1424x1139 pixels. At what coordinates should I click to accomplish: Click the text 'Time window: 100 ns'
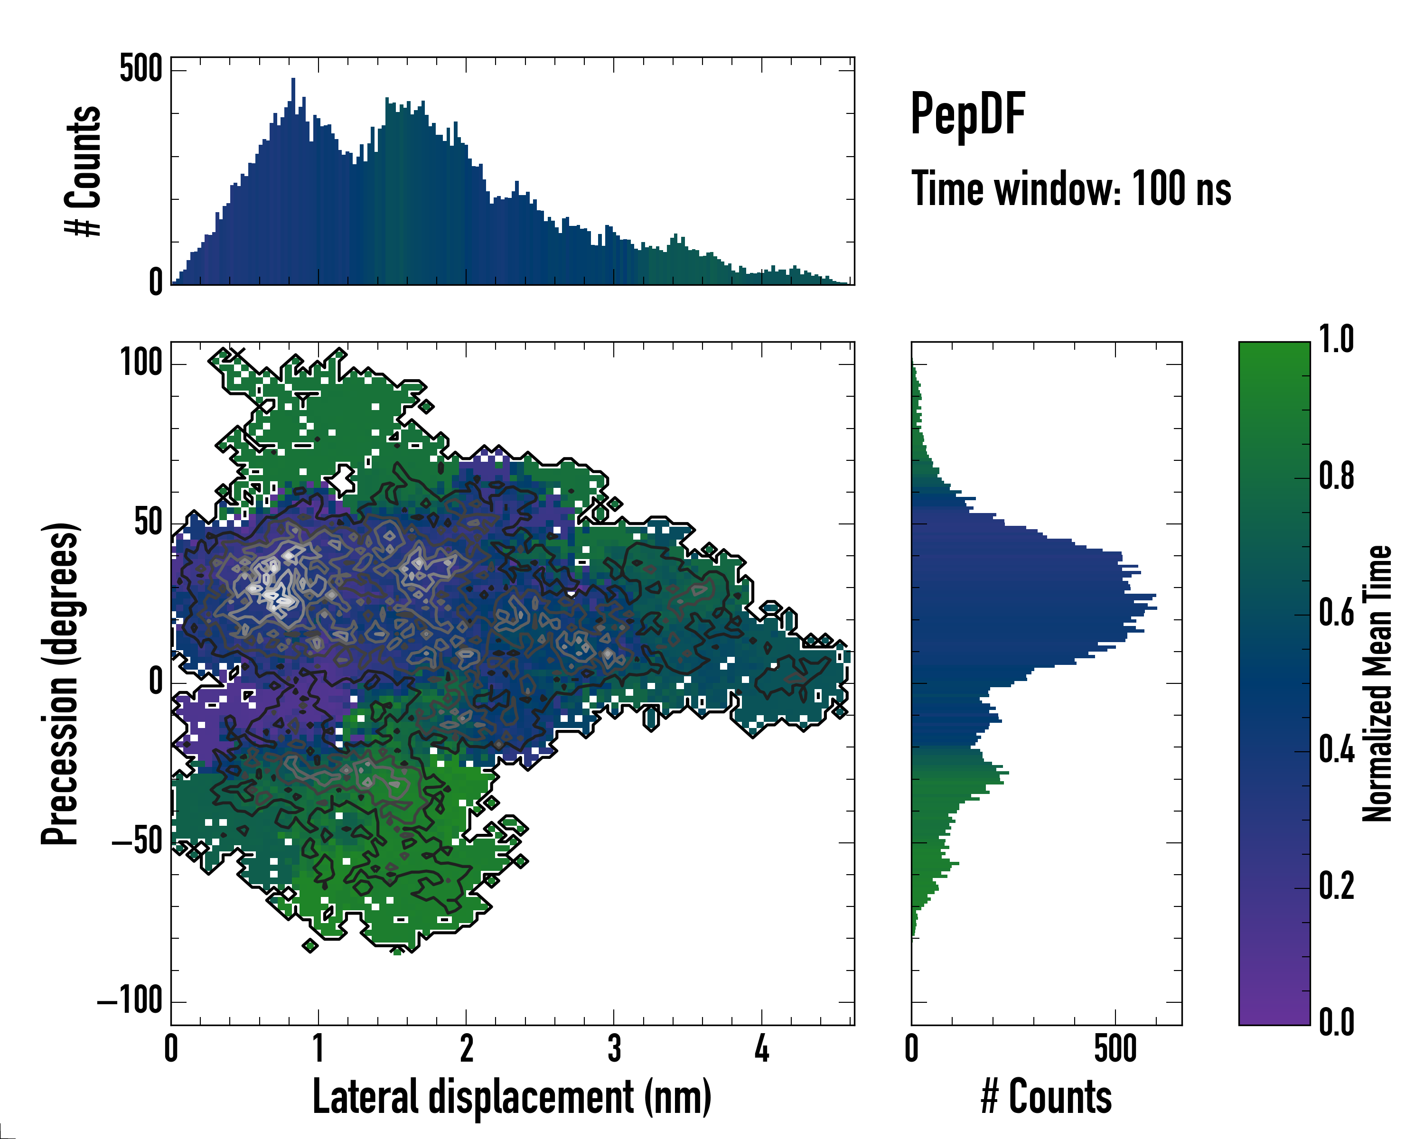tap(1071, 189)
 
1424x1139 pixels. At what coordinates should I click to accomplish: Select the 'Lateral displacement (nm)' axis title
tap(512, 1097)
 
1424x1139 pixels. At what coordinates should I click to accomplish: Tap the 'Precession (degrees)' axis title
tap(61, 683)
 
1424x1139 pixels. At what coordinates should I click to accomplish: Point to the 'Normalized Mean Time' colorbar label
tap(1377, 683)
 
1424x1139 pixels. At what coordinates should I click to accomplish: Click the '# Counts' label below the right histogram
tap(1046, 1097)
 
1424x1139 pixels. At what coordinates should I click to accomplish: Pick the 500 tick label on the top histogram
tap(141, 69)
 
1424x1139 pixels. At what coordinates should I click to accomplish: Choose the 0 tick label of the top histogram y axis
tap(155, 282)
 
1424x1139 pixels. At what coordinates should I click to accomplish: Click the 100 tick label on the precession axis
tap(141, 363)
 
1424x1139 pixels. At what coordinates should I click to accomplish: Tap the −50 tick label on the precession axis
tap(137, 842)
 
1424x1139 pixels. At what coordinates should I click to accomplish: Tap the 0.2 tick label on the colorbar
tap(1336, 886)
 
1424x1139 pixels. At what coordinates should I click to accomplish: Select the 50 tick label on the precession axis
tap(148, 523)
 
